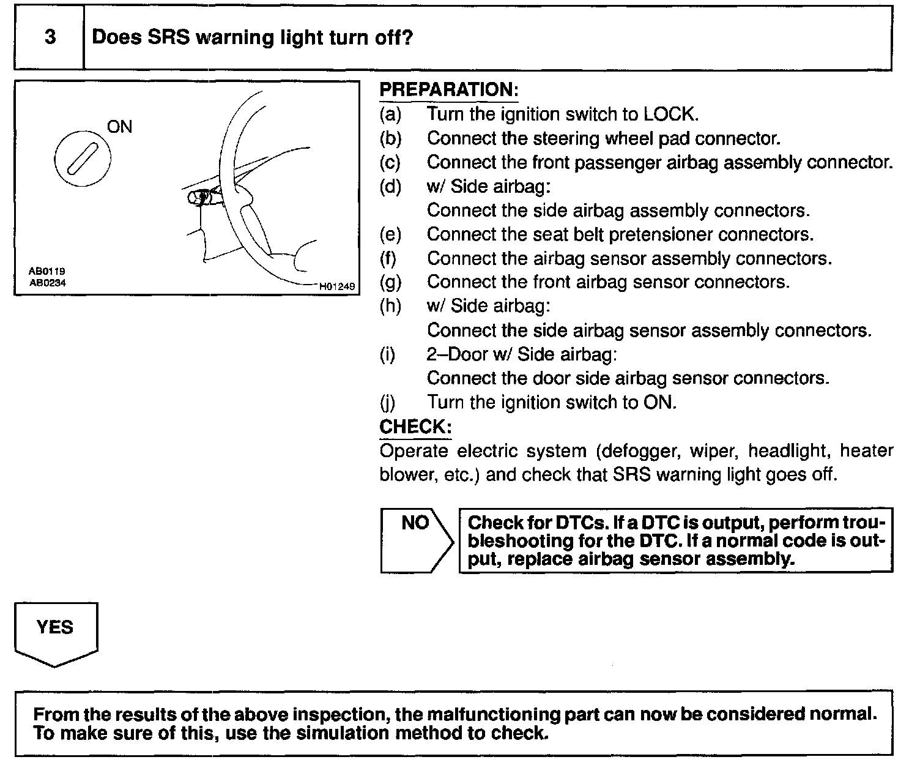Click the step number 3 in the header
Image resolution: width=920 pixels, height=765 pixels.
pos(50,37)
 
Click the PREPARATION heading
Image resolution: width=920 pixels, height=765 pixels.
pos(449,90)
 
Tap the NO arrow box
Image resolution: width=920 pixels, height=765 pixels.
pos(417,540)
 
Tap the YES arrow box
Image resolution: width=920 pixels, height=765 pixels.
pos(56,633)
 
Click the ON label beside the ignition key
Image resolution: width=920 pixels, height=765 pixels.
pos(119,127)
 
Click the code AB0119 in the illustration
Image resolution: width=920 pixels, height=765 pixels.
pos(47,270)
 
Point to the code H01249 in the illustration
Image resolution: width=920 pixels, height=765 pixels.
pos(336,286)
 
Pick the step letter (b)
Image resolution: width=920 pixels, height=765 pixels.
pos(390,138)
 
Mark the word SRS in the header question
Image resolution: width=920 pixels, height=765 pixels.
pos(167,37)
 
